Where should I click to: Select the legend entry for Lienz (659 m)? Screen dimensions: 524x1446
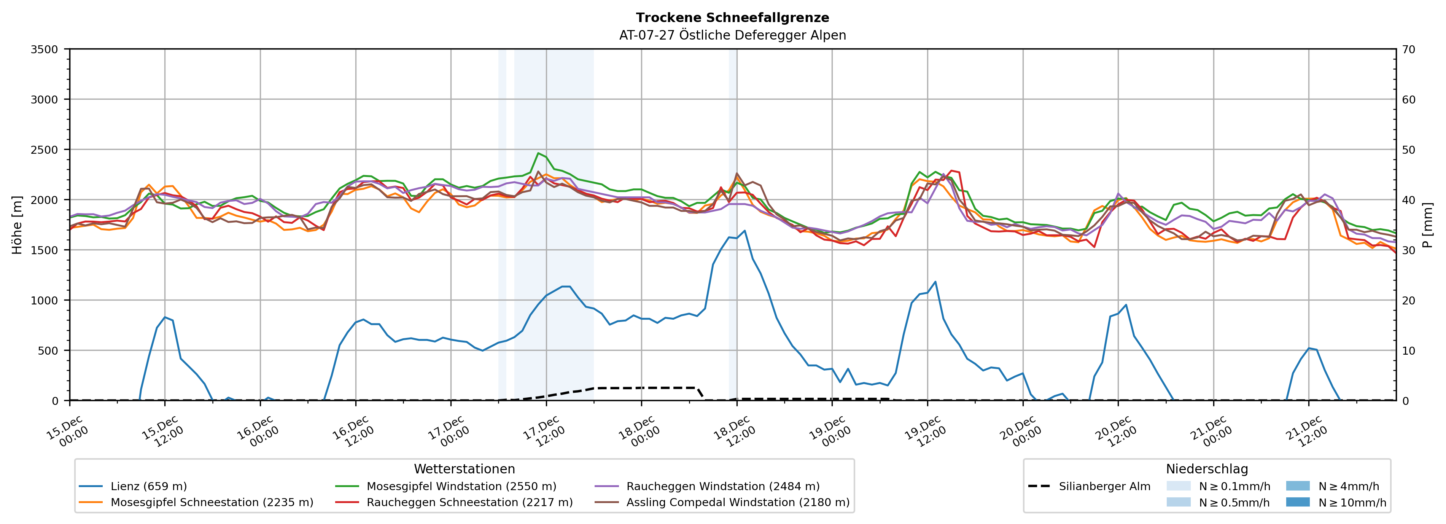click(x=148, y=486)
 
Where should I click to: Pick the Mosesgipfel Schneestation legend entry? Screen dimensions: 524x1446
click(x=212, y=502)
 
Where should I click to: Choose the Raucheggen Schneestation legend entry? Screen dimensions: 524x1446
click(x=469, y=502)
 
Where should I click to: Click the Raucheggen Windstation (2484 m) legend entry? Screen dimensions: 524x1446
click(x=722, y=486)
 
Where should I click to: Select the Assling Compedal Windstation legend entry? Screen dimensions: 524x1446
click(x=738, y=502)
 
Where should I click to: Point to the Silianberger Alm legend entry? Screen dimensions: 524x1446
click(x=1104, y=486)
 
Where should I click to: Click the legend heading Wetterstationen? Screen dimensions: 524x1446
click(x=464, y=469)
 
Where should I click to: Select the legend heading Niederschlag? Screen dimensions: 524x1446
click(x=1207, y=469)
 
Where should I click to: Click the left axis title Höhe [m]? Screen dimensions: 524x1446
click(x=17, y=225)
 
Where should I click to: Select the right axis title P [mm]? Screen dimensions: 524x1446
click(x=1427, y=225)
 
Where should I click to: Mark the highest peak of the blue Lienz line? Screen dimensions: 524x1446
click(x=744, y=230)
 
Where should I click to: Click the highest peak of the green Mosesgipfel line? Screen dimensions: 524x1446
click(x=538, y=153)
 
